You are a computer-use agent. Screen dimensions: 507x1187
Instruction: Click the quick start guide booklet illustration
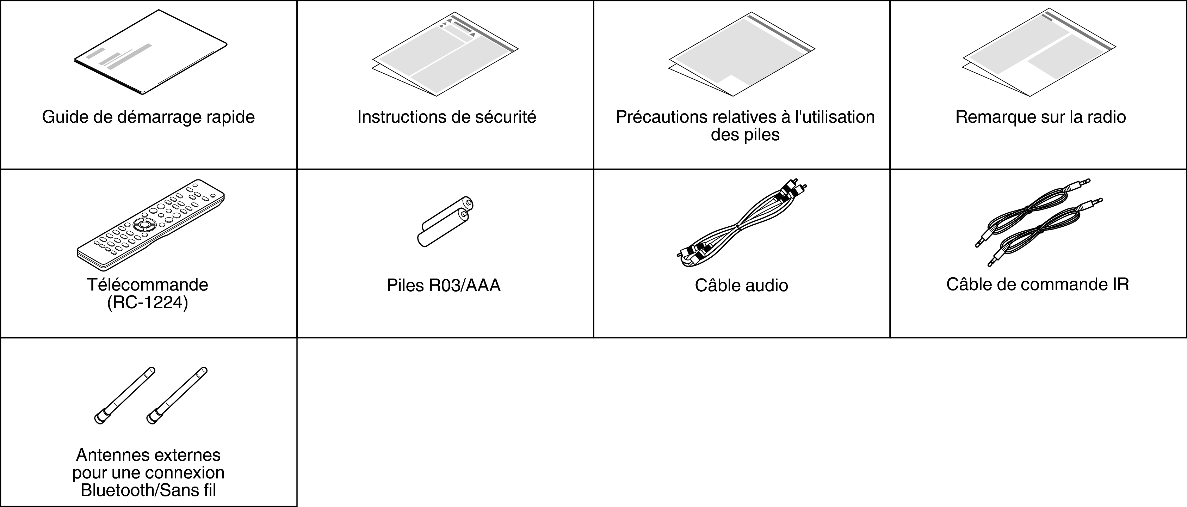click(x=151, y=53)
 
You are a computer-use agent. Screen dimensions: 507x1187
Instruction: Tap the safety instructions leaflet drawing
click(x=445, y=54)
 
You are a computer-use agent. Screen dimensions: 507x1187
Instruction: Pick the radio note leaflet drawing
click(x=1039, y=53)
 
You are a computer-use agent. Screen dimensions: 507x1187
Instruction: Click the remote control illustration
click(x=151, y=225)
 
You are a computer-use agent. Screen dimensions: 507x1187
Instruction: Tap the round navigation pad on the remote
click(x=144, y=225)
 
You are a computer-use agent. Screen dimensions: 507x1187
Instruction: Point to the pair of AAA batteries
click(x=445, y=221)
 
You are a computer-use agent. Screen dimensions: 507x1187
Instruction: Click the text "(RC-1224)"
click(x=148, y=303)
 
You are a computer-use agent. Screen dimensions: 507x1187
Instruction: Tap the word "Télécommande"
click(x=148, y=285)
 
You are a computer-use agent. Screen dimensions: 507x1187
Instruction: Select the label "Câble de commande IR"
click(x=1037, y=285)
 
